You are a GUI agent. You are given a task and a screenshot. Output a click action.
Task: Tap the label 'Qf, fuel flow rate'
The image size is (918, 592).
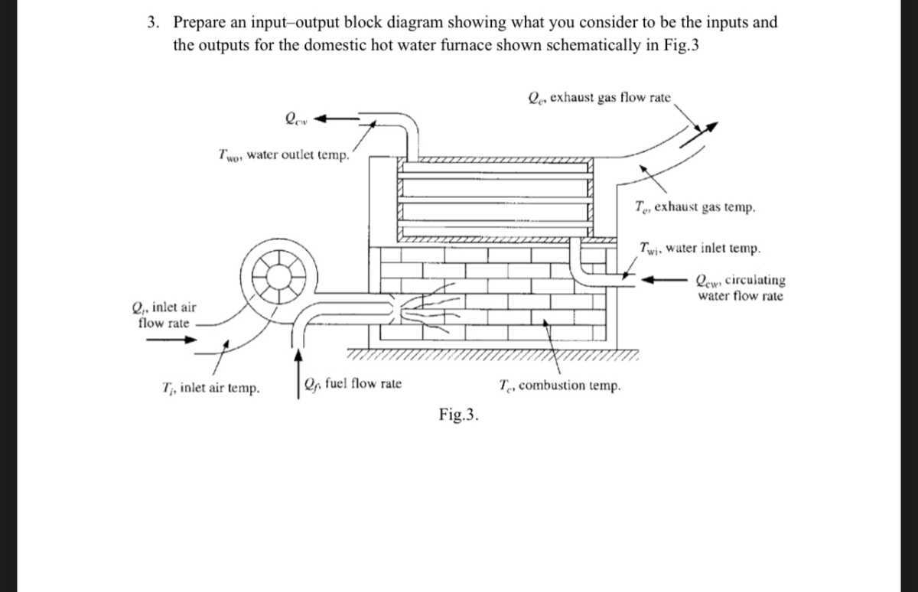point(352,384)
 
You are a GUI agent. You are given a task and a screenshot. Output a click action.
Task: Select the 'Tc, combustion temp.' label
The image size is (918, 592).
point(559,385)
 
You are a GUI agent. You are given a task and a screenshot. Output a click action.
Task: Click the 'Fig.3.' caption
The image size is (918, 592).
point(459,415)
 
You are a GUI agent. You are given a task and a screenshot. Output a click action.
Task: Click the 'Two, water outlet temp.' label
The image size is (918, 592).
point(284,155)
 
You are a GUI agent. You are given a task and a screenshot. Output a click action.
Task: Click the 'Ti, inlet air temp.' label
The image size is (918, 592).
point(211,388)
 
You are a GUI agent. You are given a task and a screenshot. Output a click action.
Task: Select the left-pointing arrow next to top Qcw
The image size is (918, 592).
point(335,119)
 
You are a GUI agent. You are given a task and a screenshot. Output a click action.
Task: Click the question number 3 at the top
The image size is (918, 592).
point(154,22)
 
